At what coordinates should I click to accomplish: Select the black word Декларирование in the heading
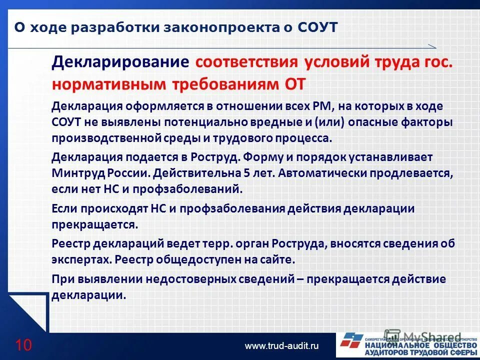click(120, 63)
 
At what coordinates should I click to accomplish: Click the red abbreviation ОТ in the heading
click(294, 83)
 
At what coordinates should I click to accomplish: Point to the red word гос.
click(438, 63)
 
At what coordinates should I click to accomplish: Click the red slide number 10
click(23, 345)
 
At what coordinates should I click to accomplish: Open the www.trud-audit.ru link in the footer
click(281, 345)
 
